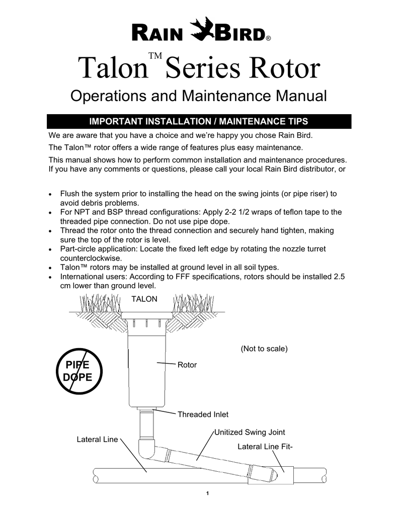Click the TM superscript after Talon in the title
[155, 55]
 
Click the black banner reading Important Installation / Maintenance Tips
[199, 121]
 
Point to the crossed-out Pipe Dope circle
[79, 371]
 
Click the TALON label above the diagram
[144, 299]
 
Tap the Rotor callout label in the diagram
[187, 365]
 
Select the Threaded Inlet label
[203, 414]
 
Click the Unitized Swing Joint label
[250, 432]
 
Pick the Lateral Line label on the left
[97, 440]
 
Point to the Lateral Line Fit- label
[265, 447]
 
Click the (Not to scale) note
[264, 349]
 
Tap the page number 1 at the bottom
[207, 493]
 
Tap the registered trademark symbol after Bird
[268, 38]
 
